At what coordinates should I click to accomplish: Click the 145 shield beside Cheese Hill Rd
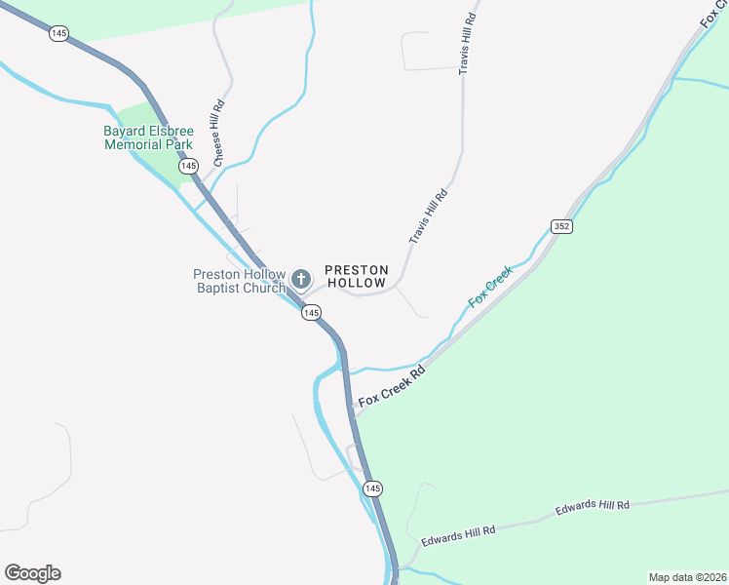[x=188, y=167]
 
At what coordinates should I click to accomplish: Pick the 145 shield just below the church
[x=311, y=312]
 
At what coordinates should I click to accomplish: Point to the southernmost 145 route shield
[x=371, y=487]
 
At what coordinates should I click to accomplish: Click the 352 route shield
[x=560, y=226]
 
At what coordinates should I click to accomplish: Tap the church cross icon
[x=301, y=280]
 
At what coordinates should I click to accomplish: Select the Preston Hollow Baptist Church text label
[x=240, y=281]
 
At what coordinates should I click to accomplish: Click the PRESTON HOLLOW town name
[x=357, y=276]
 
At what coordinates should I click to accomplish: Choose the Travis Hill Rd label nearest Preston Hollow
[x=427, y=216]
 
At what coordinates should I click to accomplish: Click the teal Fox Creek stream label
[x=490, y=288]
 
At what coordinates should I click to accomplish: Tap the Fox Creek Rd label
[x=393, y=387]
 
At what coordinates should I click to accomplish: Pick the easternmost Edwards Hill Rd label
[x=593, y=507]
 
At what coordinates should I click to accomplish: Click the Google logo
[x=32, y=573]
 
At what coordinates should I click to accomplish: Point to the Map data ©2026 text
[x=686, y=577]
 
